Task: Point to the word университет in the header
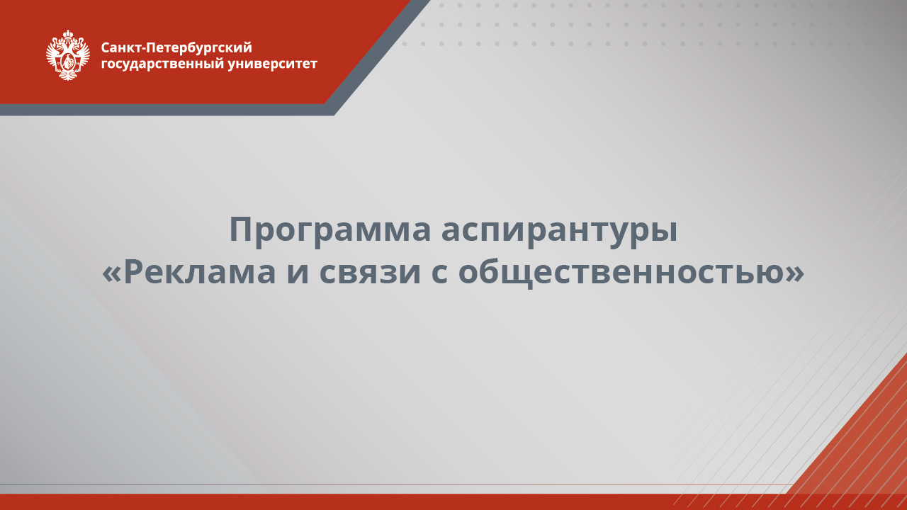(x=273, y=64)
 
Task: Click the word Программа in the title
(x=329, y=230)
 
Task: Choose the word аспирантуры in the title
(x=559, y=230)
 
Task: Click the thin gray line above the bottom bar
(x=354, y=485)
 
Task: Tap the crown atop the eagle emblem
(x=68, y=34)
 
